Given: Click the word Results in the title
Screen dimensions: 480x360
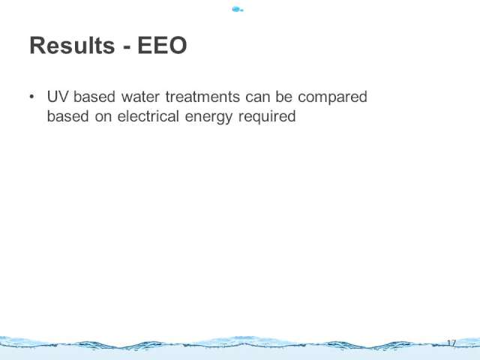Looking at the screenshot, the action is click(x=72, y=45).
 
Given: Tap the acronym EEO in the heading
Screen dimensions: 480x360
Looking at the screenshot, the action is click(x=162, y=45).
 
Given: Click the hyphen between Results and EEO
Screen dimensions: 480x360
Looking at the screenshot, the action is click(x=127, y=47).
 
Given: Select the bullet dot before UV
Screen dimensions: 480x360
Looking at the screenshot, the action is click(x=31, y=97).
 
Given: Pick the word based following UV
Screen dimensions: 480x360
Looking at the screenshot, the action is click(x=94, y=97).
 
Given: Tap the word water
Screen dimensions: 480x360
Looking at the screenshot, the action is click(x=140, y=97).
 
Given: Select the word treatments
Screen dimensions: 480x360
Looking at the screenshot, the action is click(x=202, y=97).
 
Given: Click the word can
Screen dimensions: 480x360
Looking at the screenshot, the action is click(x=258, y=98).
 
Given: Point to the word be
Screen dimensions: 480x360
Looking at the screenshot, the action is click(x=283, y=97).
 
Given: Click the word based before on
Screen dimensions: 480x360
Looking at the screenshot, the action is click(x=68, y=116).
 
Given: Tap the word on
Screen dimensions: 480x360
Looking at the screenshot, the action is click(x=103, y=118).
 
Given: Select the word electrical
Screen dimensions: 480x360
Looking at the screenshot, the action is click(x=148, y=116).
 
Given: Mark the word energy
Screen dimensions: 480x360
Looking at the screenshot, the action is click(x=208, y=118).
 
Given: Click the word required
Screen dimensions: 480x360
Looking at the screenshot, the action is click(x=267, y=117).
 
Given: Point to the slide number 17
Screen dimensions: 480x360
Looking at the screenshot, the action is click(x=451, y=343).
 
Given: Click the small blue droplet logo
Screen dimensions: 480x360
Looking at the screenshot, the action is click(x=238, y=10).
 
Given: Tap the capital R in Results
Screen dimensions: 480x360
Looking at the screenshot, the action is click(x=37, y=45).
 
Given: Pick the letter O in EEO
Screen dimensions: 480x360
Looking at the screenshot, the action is click(x=178, y=45).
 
